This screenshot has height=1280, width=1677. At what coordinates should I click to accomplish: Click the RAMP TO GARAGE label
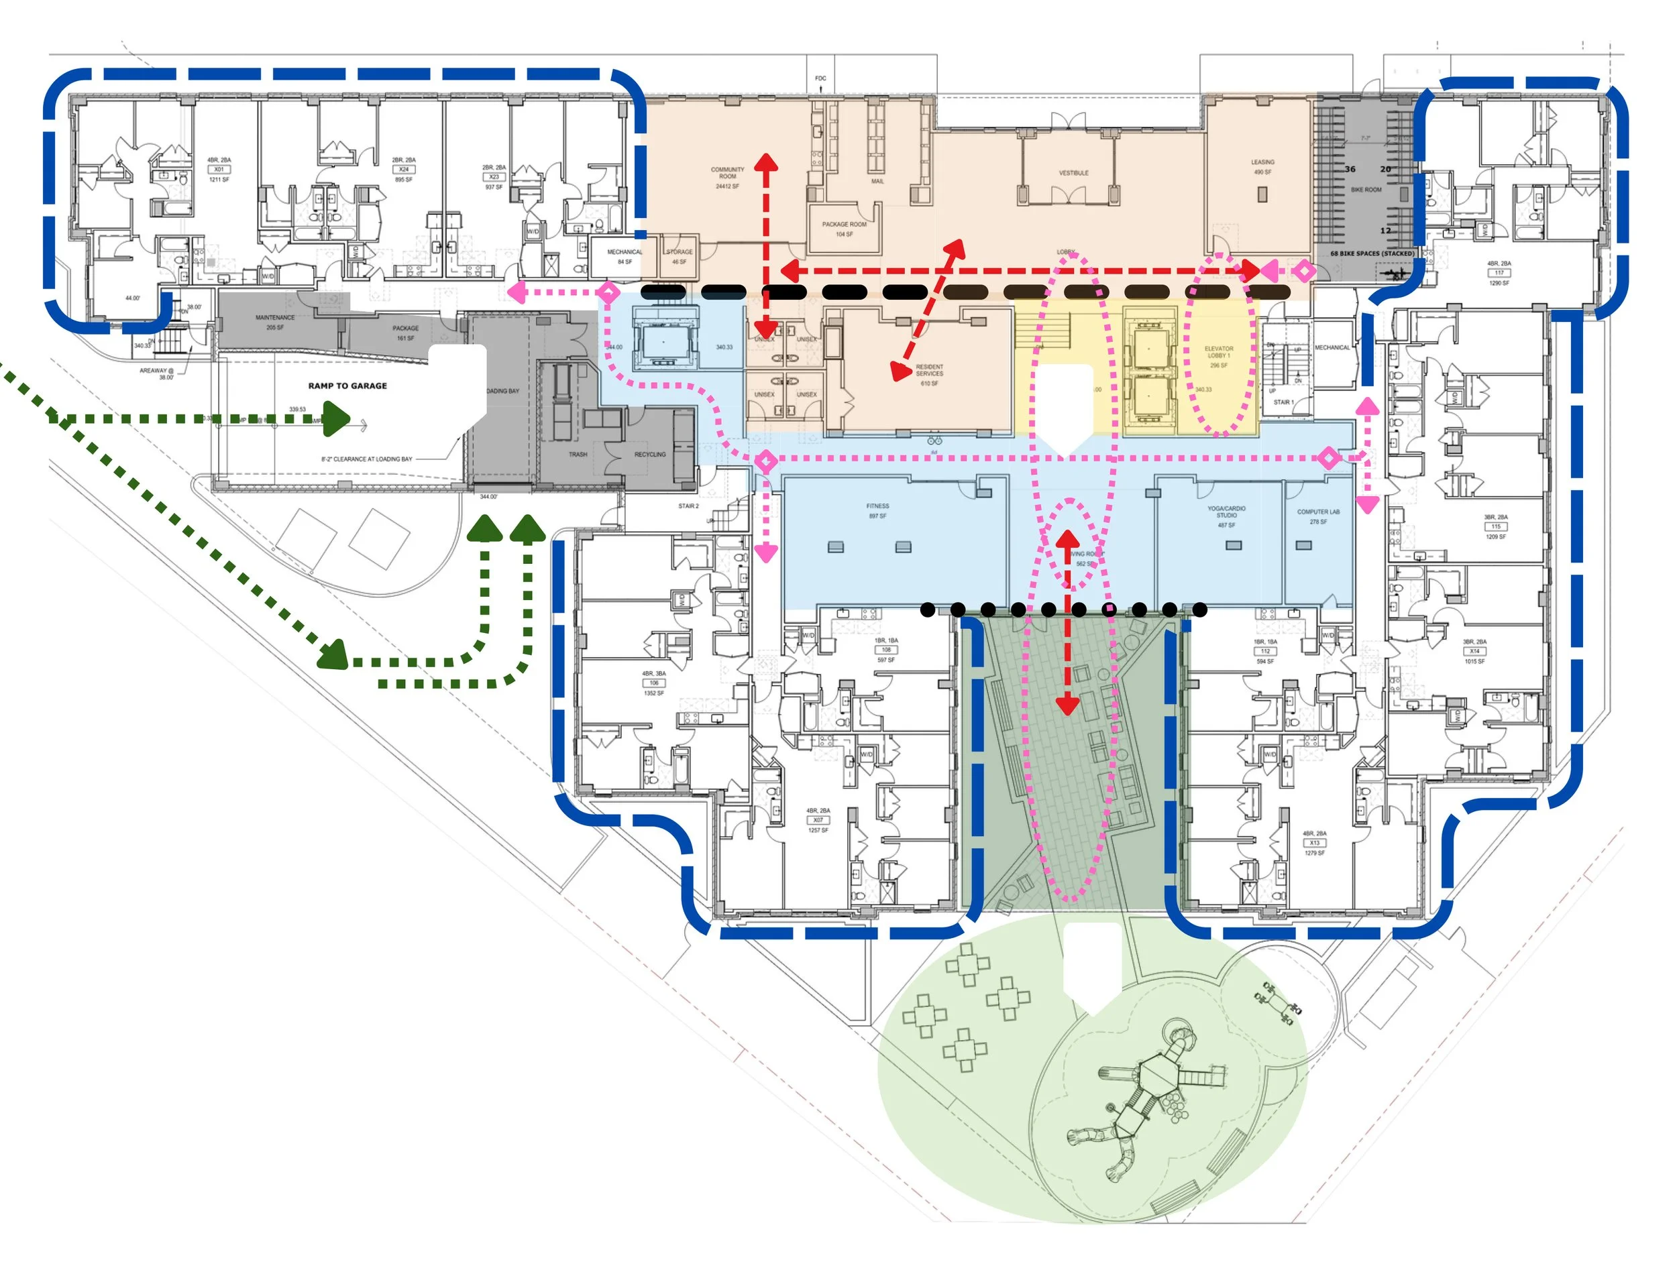tap(347, 386)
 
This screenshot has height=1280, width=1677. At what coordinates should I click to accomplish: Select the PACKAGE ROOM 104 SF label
tap(844, 229)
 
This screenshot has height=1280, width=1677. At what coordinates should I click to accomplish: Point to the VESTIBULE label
tap(1073, 173)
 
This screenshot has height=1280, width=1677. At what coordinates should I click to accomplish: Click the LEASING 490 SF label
tap(1262, 166)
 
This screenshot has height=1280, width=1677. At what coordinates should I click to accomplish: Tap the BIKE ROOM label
tap(1366, 190)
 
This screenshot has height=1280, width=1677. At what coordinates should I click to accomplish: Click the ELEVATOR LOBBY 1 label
tap(1219, 353)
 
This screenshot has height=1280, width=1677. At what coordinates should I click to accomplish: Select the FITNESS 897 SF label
tap(877, 510)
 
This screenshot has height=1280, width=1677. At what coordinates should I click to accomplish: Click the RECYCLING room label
tap(649, 455)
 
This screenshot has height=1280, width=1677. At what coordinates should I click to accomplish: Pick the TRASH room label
tap(578, 455)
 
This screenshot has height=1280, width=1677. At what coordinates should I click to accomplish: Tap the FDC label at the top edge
tap(820, 78)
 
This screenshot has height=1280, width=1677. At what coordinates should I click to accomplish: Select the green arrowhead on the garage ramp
tap(335, 419)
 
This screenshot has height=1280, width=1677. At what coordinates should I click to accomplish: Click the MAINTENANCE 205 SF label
tap(274, 322)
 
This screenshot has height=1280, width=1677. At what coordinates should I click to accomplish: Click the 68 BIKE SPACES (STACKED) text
tap(1372, 253)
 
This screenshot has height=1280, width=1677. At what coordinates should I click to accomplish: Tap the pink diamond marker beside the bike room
tap(1305, 270)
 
